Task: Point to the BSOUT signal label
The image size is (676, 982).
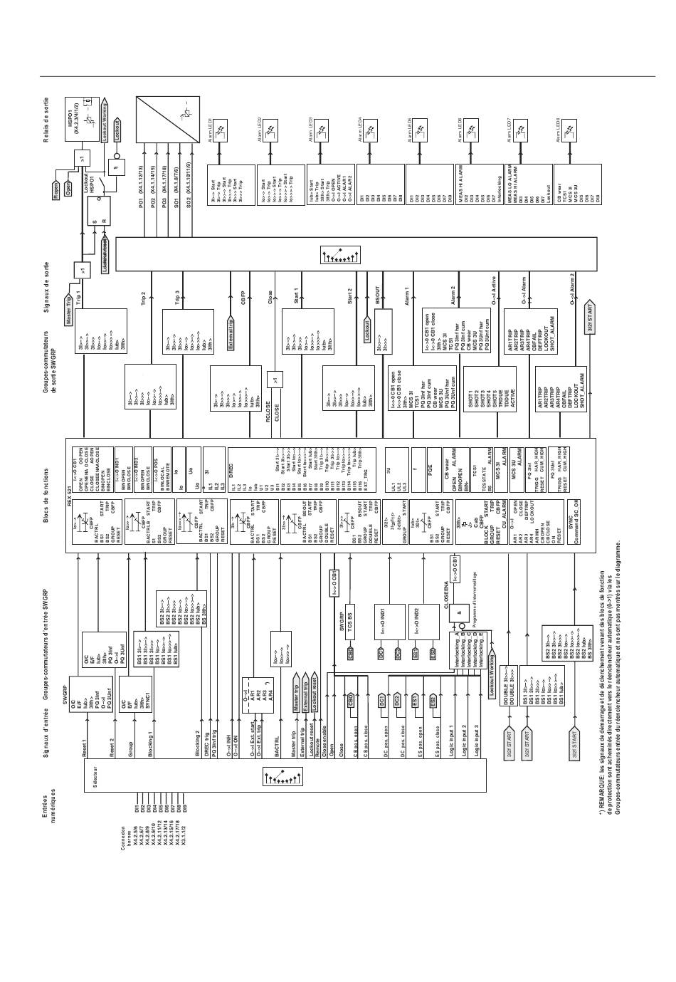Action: coord(379,297)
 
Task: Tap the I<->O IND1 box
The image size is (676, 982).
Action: coord(382,612)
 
